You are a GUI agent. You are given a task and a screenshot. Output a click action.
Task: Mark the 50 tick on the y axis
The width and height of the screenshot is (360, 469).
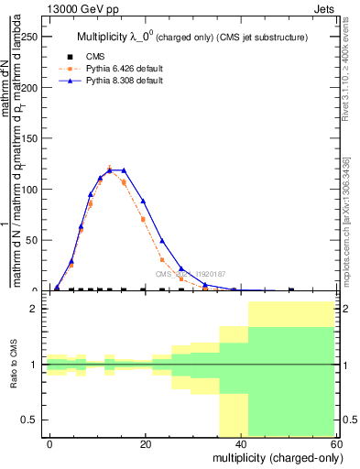32,240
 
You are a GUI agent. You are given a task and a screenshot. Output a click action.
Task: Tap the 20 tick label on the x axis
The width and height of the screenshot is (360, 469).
145,443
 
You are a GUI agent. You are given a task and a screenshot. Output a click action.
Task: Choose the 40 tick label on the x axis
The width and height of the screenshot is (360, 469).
240,443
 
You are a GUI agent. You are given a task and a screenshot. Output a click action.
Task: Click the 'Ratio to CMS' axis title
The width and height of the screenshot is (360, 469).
14,365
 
